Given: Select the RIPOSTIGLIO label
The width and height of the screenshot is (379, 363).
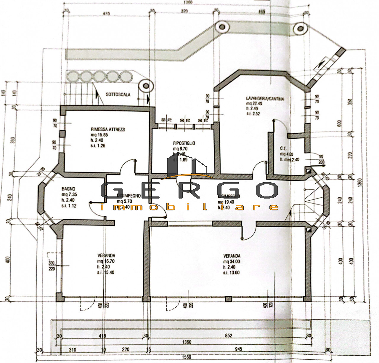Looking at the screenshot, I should point(184,143).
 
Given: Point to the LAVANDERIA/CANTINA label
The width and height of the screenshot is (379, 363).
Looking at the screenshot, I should point(265,99).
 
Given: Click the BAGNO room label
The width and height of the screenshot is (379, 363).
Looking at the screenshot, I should point(68,188).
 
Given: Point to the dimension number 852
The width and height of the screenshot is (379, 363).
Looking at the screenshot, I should point(228,336).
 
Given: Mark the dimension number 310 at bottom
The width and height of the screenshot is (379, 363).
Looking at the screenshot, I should point(72,350).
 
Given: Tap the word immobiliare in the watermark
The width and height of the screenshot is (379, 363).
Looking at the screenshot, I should point(189,207).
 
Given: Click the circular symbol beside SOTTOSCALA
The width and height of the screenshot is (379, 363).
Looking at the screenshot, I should point(146,86).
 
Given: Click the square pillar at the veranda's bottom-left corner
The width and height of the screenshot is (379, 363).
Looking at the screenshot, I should point(59,297).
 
